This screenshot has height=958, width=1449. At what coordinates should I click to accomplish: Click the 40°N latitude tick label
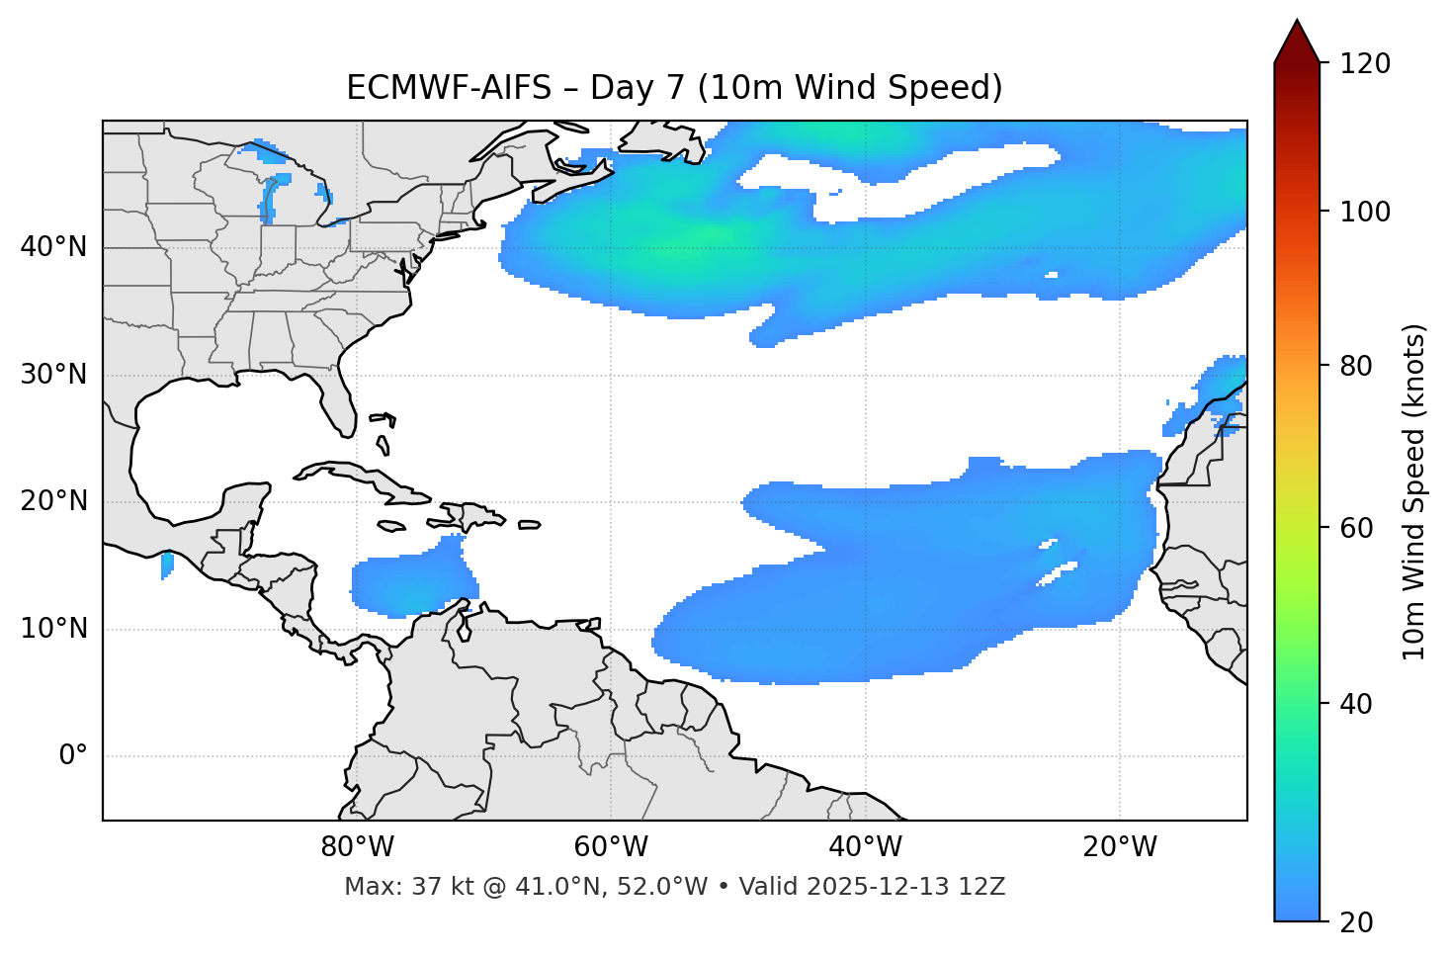point(53,247)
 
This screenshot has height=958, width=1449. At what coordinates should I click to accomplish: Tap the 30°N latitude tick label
point(53,375)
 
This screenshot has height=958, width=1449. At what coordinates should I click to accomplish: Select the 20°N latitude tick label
point(53,501)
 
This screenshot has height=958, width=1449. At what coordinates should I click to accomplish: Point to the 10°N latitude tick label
point(53,629)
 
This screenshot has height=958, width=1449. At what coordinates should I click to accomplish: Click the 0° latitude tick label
point(73,756)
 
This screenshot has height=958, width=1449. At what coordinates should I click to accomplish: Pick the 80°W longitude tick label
point(357,847)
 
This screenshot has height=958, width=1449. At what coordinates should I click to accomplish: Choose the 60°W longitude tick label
point(611,847)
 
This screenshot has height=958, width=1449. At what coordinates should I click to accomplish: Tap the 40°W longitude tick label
point(865,847)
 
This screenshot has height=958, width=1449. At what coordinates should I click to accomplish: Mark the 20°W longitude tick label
point(1120,847)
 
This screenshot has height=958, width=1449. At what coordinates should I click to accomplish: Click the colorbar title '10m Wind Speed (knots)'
point(1414,492)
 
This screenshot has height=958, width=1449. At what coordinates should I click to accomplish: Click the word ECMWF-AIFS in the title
point(448,88)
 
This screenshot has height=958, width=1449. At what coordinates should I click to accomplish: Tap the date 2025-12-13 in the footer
point(873,887)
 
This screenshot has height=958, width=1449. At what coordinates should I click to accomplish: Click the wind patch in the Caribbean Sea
point(410,585)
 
